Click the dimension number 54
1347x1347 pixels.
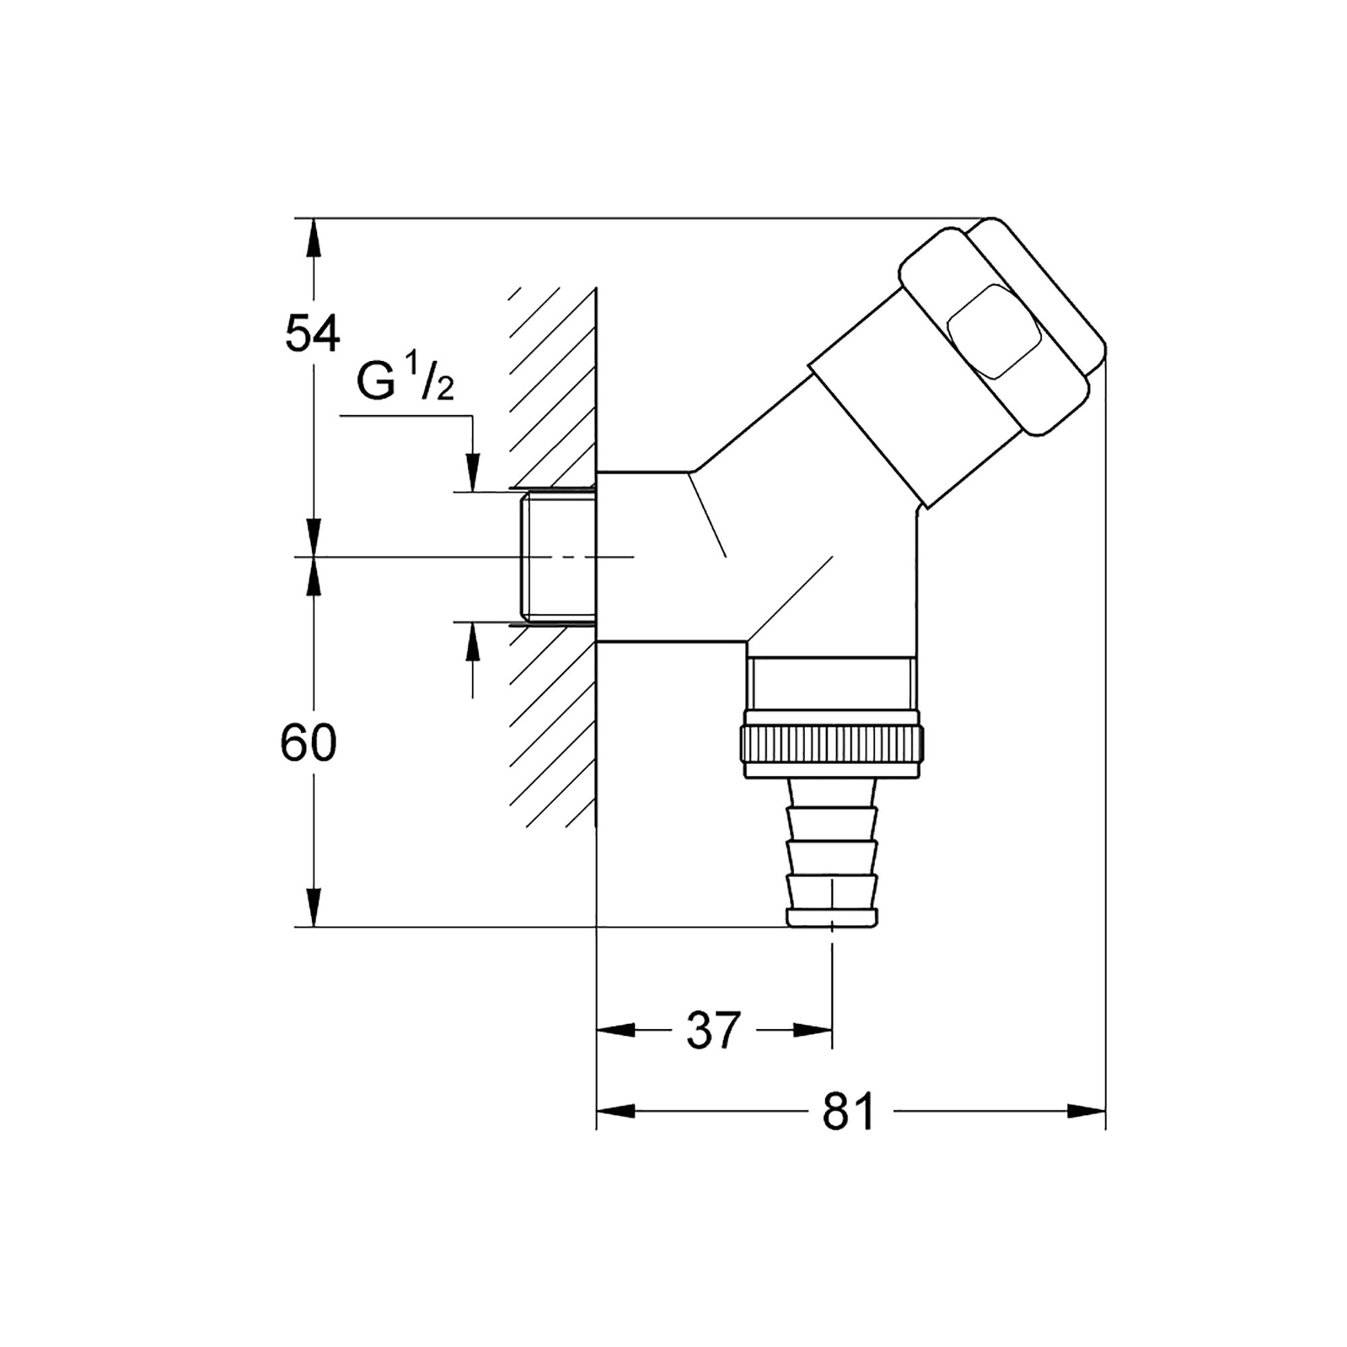[313, 333]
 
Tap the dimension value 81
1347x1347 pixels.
[848, 1111]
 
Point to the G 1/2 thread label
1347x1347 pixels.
[404, 381]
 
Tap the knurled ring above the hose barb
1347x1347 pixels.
[834, 746]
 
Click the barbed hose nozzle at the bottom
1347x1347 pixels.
[831, 857]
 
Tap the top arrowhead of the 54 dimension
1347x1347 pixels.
[314, 238]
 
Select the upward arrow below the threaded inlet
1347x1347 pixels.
[473, 640]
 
